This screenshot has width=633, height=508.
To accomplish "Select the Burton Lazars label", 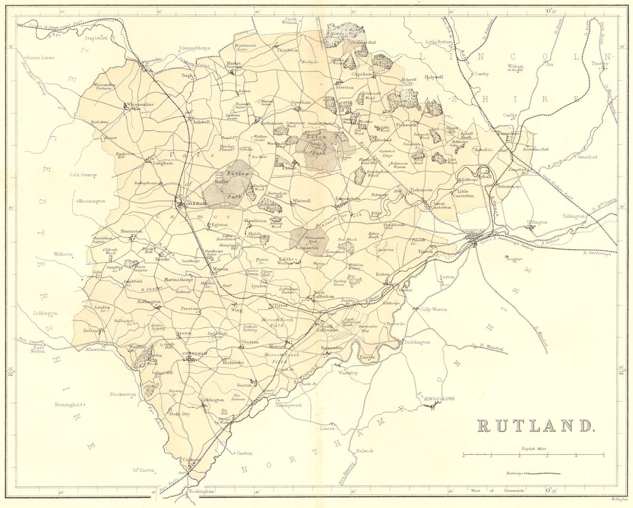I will [41, 57].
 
